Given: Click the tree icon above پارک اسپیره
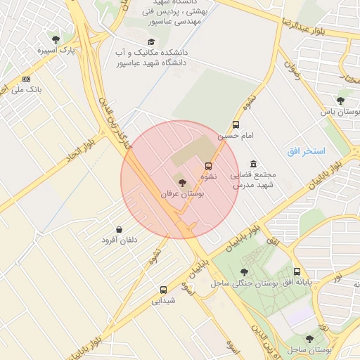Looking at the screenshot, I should pyautogui.click(x=56, y=39).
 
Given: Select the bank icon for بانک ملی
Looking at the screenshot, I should pyautogui.click(x=27, y=79).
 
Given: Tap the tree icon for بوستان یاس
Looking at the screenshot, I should pyautogui.click(x=341, y=101).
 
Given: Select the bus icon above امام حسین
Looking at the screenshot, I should pyautogui.click(x=236, y=124).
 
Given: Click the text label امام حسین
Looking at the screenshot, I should pyautogui.click(x=234, y=135).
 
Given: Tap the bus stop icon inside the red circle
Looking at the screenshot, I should pyautogui.click(x=208, y=166).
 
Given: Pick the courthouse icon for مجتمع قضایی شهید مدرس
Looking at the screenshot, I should pyautogui.click(x=253, y=163).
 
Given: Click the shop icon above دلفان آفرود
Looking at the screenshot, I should pyautogui.click(x=119, y=229).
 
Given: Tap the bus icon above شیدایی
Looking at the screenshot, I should pyautogui.click(x=163, y=289).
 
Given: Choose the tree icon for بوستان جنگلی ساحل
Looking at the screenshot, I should pyautogui.click(x=244, y=272).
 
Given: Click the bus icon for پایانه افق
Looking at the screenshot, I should pyautogui.click(x=297, y=271).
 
